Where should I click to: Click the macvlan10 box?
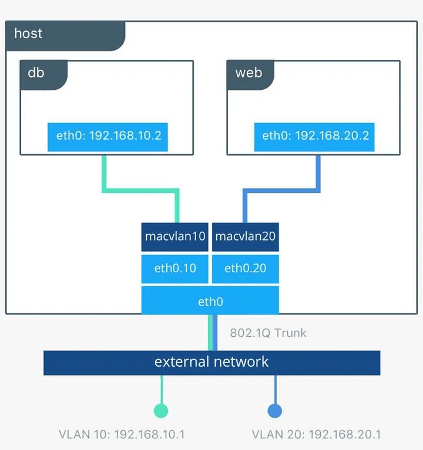point(175,237)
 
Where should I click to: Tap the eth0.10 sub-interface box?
point(175,269)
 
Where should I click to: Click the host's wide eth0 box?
point(210,301)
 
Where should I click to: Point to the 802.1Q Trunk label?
point(268,333)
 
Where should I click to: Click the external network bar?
point(211,362)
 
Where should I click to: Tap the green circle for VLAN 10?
point(160,411)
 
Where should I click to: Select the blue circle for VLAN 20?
point(274,411)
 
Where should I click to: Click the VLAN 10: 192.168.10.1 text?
point(122,435)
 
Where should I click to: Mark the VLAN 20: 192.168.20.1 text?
point(316,435)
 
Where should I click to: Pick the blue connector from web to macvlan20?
point(282,191)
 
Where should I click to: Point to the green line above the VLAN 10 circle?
point(160,388)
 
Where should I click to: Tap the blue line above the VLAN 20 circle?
point(274,388)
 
